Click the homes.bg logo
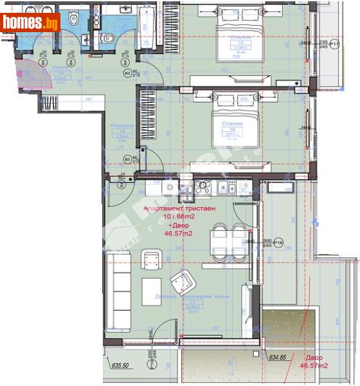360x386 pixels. click(31, 23)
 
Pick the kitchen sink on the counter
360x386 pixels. click(227, 189)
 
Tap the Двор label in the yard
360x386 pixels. click(315, 357)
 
